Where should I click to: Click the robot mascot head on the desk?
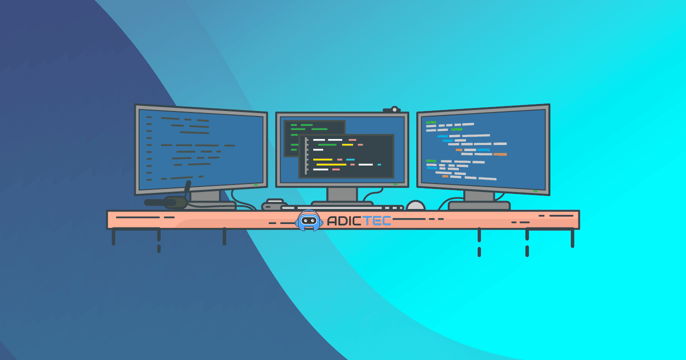[309, 220]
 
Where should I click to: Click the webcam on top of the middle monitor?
[393, 109]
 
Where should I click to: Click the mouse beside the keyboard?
[415, 205]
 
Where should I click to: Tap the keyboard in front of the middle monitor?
[343, 207]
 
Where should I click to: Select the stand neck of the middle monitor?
[342, 194]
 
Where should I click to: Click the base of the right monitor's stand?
[479, 205]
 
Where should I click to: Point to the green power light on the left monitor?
[256, 184]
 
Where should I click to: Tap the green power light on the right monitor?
[535, 190]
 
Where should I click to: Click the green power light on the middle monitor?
[395, 184]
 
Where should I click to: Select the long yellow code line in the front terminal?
[331, 164]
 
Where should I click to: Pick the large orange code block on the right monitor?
[500, 154]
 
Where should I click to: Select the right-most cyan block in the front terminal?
[379, 164]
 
